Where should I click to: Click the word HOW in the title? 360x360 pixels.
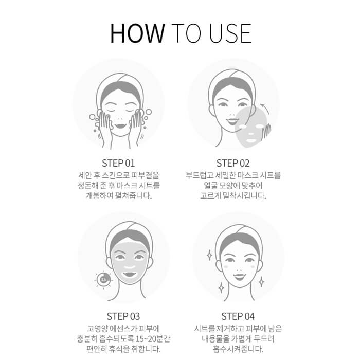tap(137, 33)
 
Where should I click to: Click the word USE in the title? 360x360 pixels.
tap(230, 33)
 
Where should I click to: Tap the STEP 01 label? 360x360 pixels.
tap(118, 163)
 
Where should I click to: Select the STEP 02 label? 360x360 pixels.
tap(233, 163)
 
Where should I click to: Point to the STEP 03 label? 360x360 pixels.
tap(123, 316)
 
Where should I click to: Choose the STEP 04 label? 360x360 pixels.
tap(238, 316)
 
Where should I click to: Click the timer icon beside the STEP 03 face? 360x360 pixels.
tap(103, 280)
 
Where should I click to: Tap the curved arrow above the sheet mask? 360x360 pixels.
tap(265, 109)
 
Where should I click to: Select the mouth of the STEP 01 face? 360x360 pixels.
tap(120, 126)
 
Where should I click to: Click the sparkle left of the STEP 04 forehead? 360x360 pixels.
tap(209, 255)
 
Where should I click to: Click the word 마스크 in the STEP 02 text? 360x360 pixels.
tap(247, 175)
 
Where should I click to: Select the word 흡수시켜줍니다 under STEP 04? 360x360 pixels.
tap(238, 349)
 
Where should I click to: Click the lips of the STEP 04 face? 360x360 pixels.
tap(239, 277)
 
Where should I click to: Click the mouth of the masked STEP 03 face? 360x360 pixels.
tap(129, 274)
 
